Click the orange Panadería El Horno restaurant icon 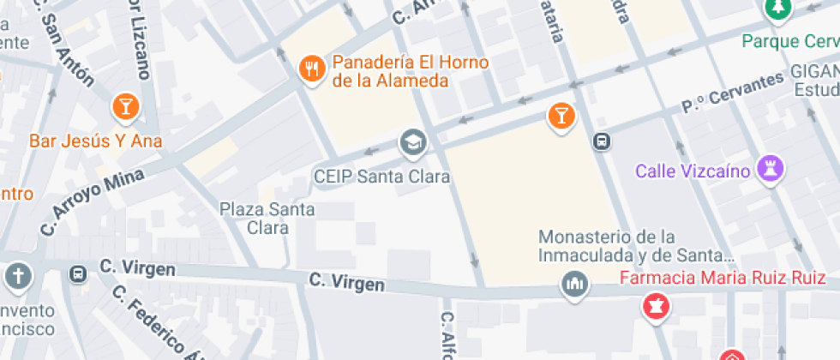tap(310, 68)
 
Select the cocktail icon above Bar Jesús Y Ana tap(125, 106)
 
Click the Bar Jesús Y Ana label tap(96, 141)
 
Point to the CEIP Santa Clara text tap(381, 177)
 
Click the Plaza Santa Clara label tap(267, 218)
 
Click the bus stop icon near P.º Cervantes tap(602, 141)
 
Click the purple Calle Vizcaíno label tap(693, 171)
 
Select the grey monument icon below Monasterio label tap(573, 284)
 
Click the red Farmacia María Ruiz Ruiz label tap(723, 278)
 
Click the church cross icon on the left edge tap(17, 275)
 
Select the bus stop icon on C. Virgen tap(78, 274)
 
